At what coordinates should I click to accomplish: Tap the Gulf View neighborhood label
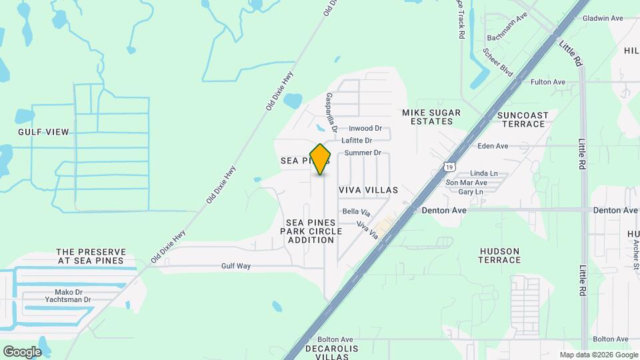click(x=43, y=132)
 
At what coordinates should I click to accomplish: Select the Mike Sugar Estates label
click(x=427, y=117)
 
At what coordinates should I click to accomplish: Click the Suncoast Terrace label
click(x=523, y=120)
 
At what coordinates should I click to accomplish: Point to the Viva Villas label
click(x=368, y=190)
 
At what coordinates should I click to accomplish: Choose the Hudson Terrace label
click(x=499, y=255)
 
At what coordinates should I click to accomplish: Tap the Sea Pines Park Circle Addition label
click(x=314, y=231)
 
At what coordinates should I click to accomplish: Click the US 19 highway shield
click(x=451, y=165)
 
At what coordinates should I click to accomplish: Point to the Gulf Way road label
click(x=236, y=266)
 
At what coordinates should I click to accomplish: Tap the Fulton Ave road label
click(x=548, y=82)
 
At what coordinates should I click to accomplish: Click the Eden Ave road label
click(x=493, y=146)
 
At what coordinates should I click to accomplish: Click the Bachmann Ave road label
click(x=507, y=33)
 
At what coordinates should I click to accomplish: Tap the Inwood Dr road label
click(x=365, y=129)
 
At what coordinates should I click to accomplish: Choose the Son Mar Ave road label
click(x=467, y=183)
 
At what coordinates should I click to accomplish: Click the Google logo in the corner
click(x=22, y=351)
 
